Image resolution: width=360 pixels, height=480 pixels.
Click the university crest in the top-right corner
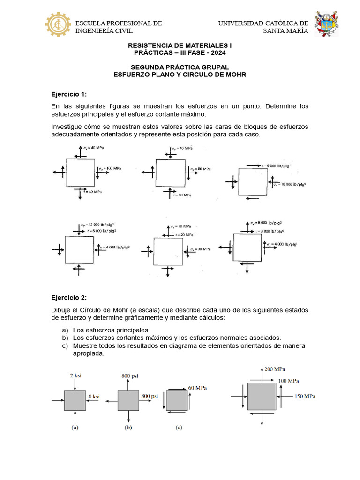326,25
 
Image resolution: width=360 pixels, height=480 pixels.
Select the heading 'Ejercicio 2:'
69,298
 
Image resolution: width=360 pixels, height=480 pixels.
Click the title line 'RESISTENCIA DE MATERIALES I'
180,45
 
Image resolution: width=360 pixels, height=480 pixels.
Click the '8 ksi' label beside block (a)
94,397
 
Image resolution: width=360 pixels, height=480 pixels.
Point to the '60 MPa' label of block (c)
197,388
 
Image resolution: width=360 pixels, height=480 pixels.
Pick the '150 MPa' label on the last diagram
305,397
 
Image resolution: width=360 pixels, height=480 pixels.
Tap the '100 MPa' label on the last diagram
290,381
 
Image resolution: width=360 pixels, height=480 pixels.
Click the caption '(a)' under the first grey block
75,427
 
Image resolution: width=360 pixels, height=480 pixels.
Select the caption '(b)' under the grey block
128,427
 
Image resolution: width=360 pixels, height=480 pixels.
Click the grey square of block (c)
177,401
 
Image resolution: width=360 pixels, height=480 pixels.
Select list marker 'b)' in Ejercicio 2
64,337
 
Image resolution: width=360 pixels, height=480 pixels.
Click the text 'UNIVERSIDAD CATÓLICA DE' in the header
263,23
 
